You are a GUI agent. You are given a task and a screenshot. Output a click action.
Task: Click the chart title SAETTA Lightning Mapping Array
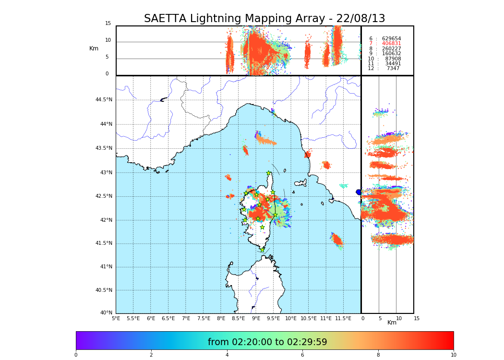[264, 19]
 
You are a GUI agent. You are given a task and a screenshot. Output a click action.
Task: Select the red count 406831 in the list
[391, 44]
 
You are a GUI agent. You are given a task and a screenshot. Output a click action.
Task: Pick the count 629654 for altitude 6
[391, 39]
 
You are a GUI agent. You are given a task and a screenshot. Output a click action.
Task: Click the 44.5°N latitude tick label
[104, 100]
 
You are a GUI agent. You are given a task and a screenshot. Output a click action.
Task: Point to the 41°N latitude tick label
[106, 267]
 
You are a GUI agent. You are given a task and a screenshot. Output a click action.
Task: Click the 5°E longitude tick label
[116, 319]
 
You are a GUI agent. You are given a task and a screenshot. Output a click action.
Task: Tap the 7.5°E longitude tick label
[204, 319]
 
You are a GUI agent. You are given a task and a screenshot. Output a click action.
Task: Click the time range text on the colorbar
[267, 342]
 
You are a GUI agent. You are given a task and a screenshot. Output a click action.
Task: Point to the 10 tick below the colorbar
[453, 355]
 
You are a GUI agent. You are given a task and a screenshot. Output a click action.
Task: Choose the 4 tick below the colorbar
[227, 355]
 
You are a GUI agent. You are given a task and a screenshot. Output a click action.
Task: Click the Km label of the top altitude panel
[94, 48]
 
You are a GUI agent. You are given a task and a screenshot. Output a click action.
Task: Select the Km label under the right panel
[392, 323]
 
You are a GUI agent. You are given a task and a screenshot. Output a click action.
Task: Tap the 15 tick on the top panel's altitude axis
[108, 24]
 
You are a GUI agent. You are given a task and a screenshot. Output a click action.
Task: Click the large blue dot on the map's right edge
[359, 192]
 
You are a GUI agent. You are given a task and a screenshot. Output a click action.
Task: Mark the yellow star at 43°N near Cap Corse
[269, 173]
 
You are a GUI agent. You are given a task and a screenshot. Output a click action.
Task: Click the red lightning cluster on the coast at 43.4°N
[307, 155]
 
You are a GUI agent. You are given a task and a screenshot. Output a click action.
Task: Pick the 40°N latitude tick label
[106, 313]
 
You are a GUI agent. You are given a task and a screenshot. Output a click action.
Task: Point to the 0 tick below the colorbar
[76, 355]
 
